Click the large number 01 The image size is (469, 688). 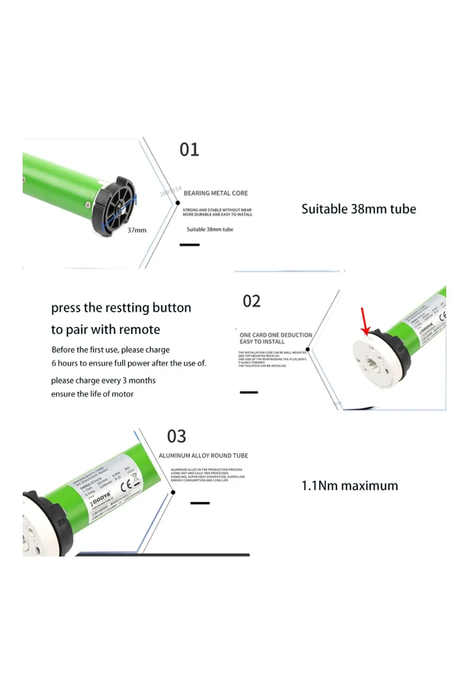pos(189,150)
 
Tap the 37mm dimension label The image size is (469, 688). pos(137,230)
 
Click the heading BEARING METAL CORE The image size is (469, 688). pos(216,193)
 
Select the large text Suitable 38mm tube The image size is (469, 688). pos(358,209)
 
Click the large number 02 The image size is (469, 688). pos(251,301)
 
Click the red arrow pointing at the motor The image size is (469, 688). pos(364,321)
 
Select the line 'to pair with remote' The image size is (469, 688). pos(105,330)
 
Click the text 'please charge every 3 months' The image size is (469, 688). pos(103,381)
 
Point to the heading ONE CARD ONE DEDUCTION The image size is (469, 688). pos(276,335)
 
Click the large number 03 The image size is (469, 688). pos(176,437)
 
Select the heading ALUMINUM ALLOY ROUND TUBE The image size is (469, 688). pos(203,455)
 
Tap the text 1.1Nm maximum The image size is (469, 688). pos(349,486)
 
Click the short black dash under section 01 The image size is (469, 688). pos(189,244)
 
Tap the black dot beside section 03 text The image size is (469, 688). pos(173,493)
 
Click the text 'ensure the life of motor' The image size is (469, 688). pos(92,394)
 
